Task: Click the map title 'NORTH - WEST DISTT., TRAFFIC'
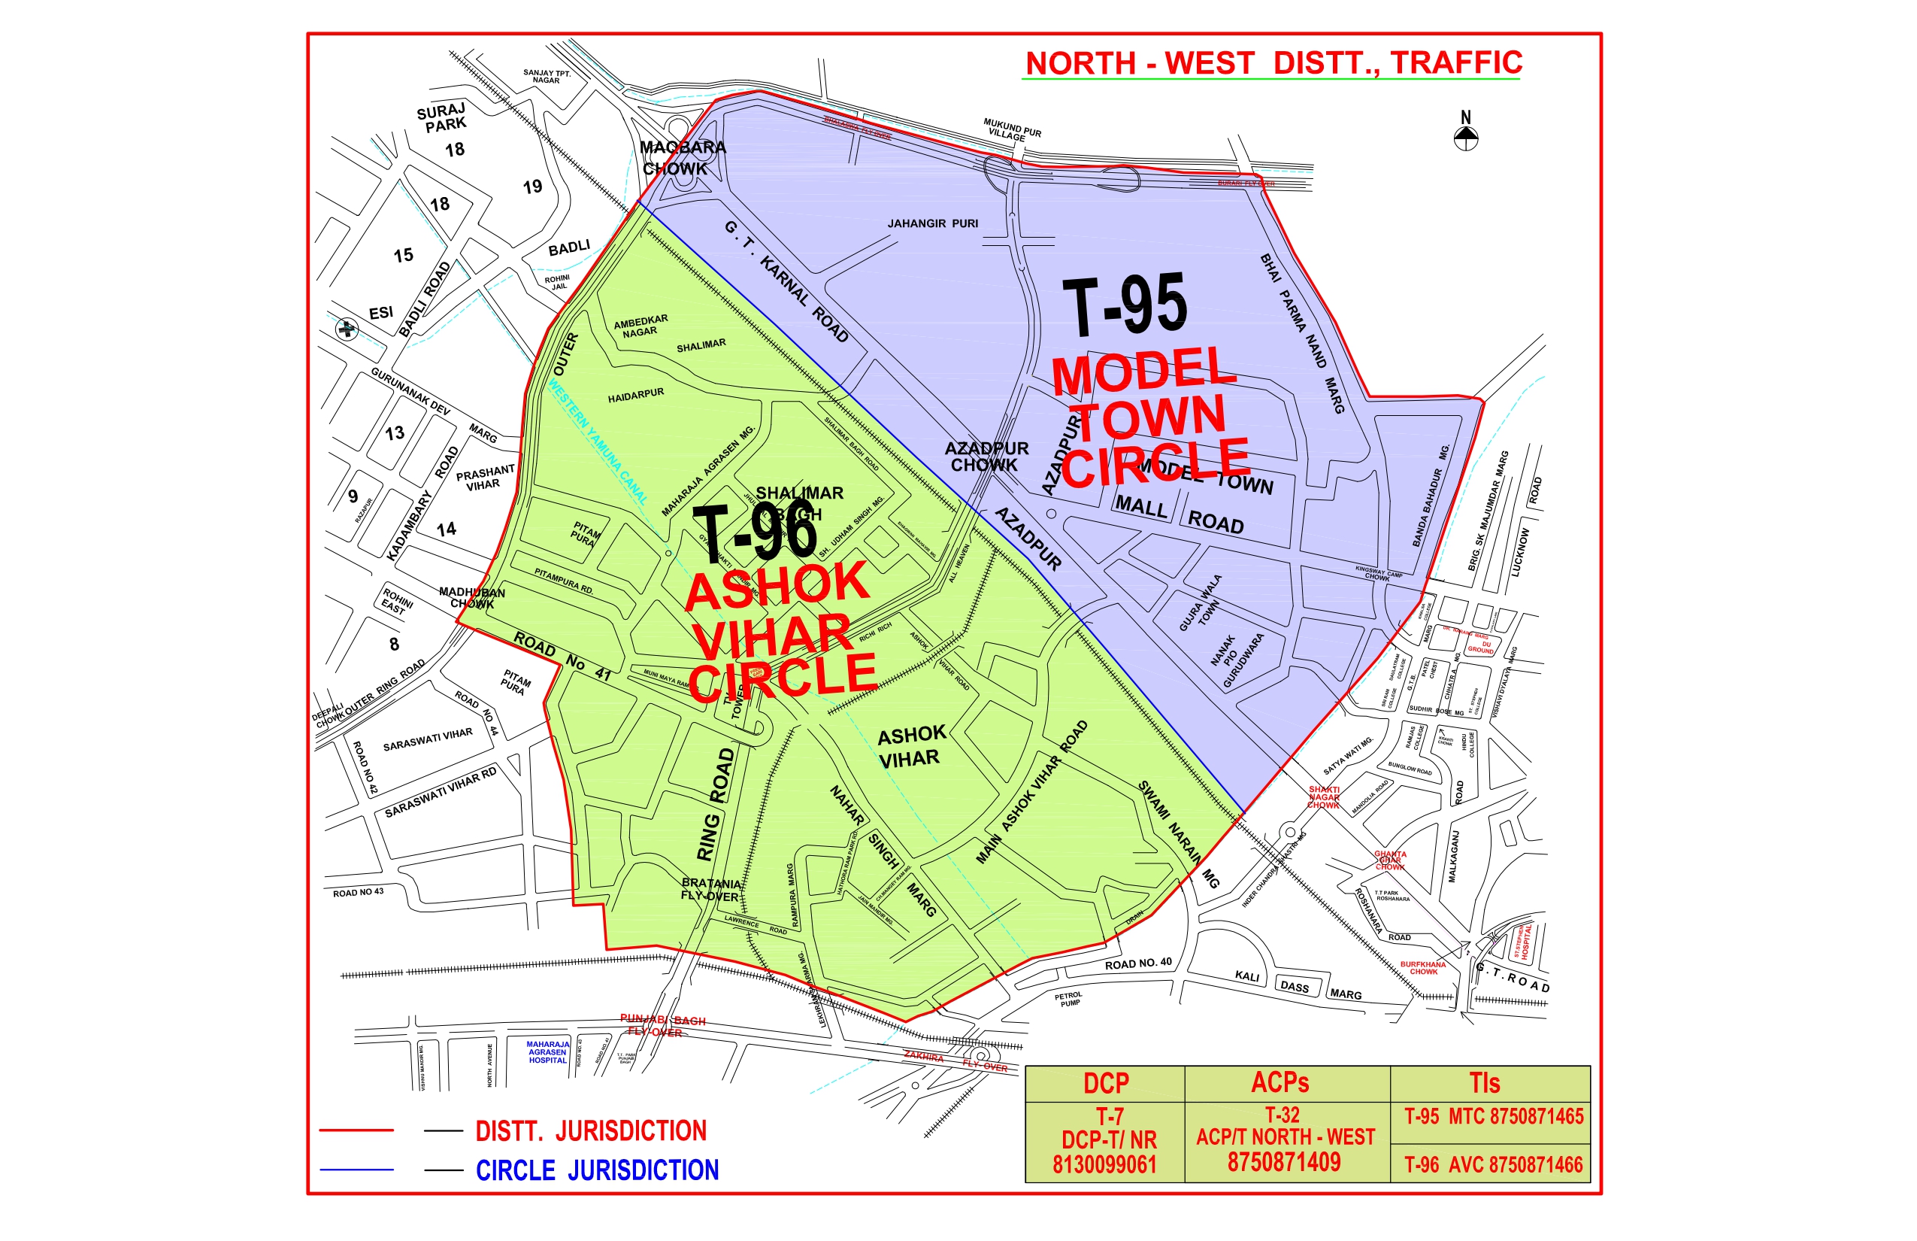[1273, 63]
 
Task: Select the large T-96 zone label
[755, 531]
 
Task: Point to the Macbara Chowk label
[681, 158]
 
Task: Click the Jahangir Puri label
[933, 223]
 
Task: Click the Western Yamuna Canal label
[598, 441]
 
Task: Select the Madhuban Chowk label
[472, 597]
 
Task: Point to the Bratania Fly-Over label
[710, 890]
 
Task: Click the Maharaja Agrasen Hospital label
[548, 1051]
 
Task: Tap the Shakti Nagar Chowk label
[1323, 797]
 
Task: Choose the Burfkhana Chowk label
[1422, 967]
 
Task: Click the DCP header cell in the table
[1105, 1084]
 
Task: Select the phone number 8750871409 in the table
[1284, 1162]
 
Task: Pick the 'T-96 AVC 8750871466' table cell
[1492, 1164]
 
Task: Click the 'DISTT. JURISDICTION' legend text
[590, 1130]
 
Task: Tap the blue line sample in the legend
[356, 1170]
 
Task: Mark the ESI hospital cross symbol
[347, 329]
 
